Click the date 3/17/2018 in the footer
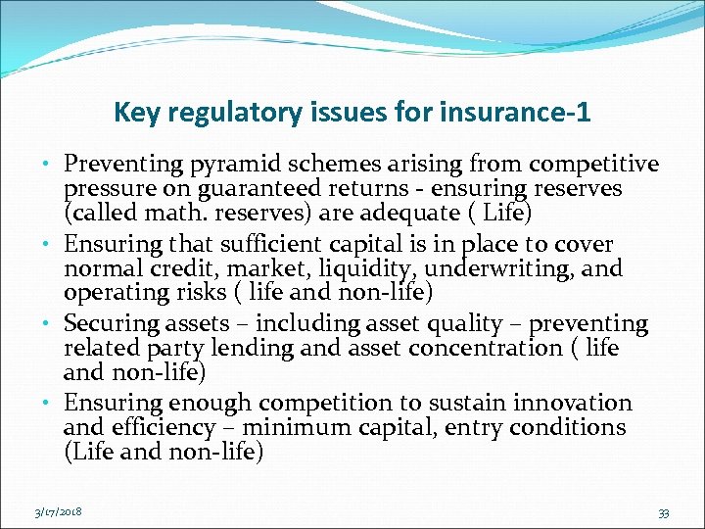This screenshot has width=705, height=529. click(x=58, y=511)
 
